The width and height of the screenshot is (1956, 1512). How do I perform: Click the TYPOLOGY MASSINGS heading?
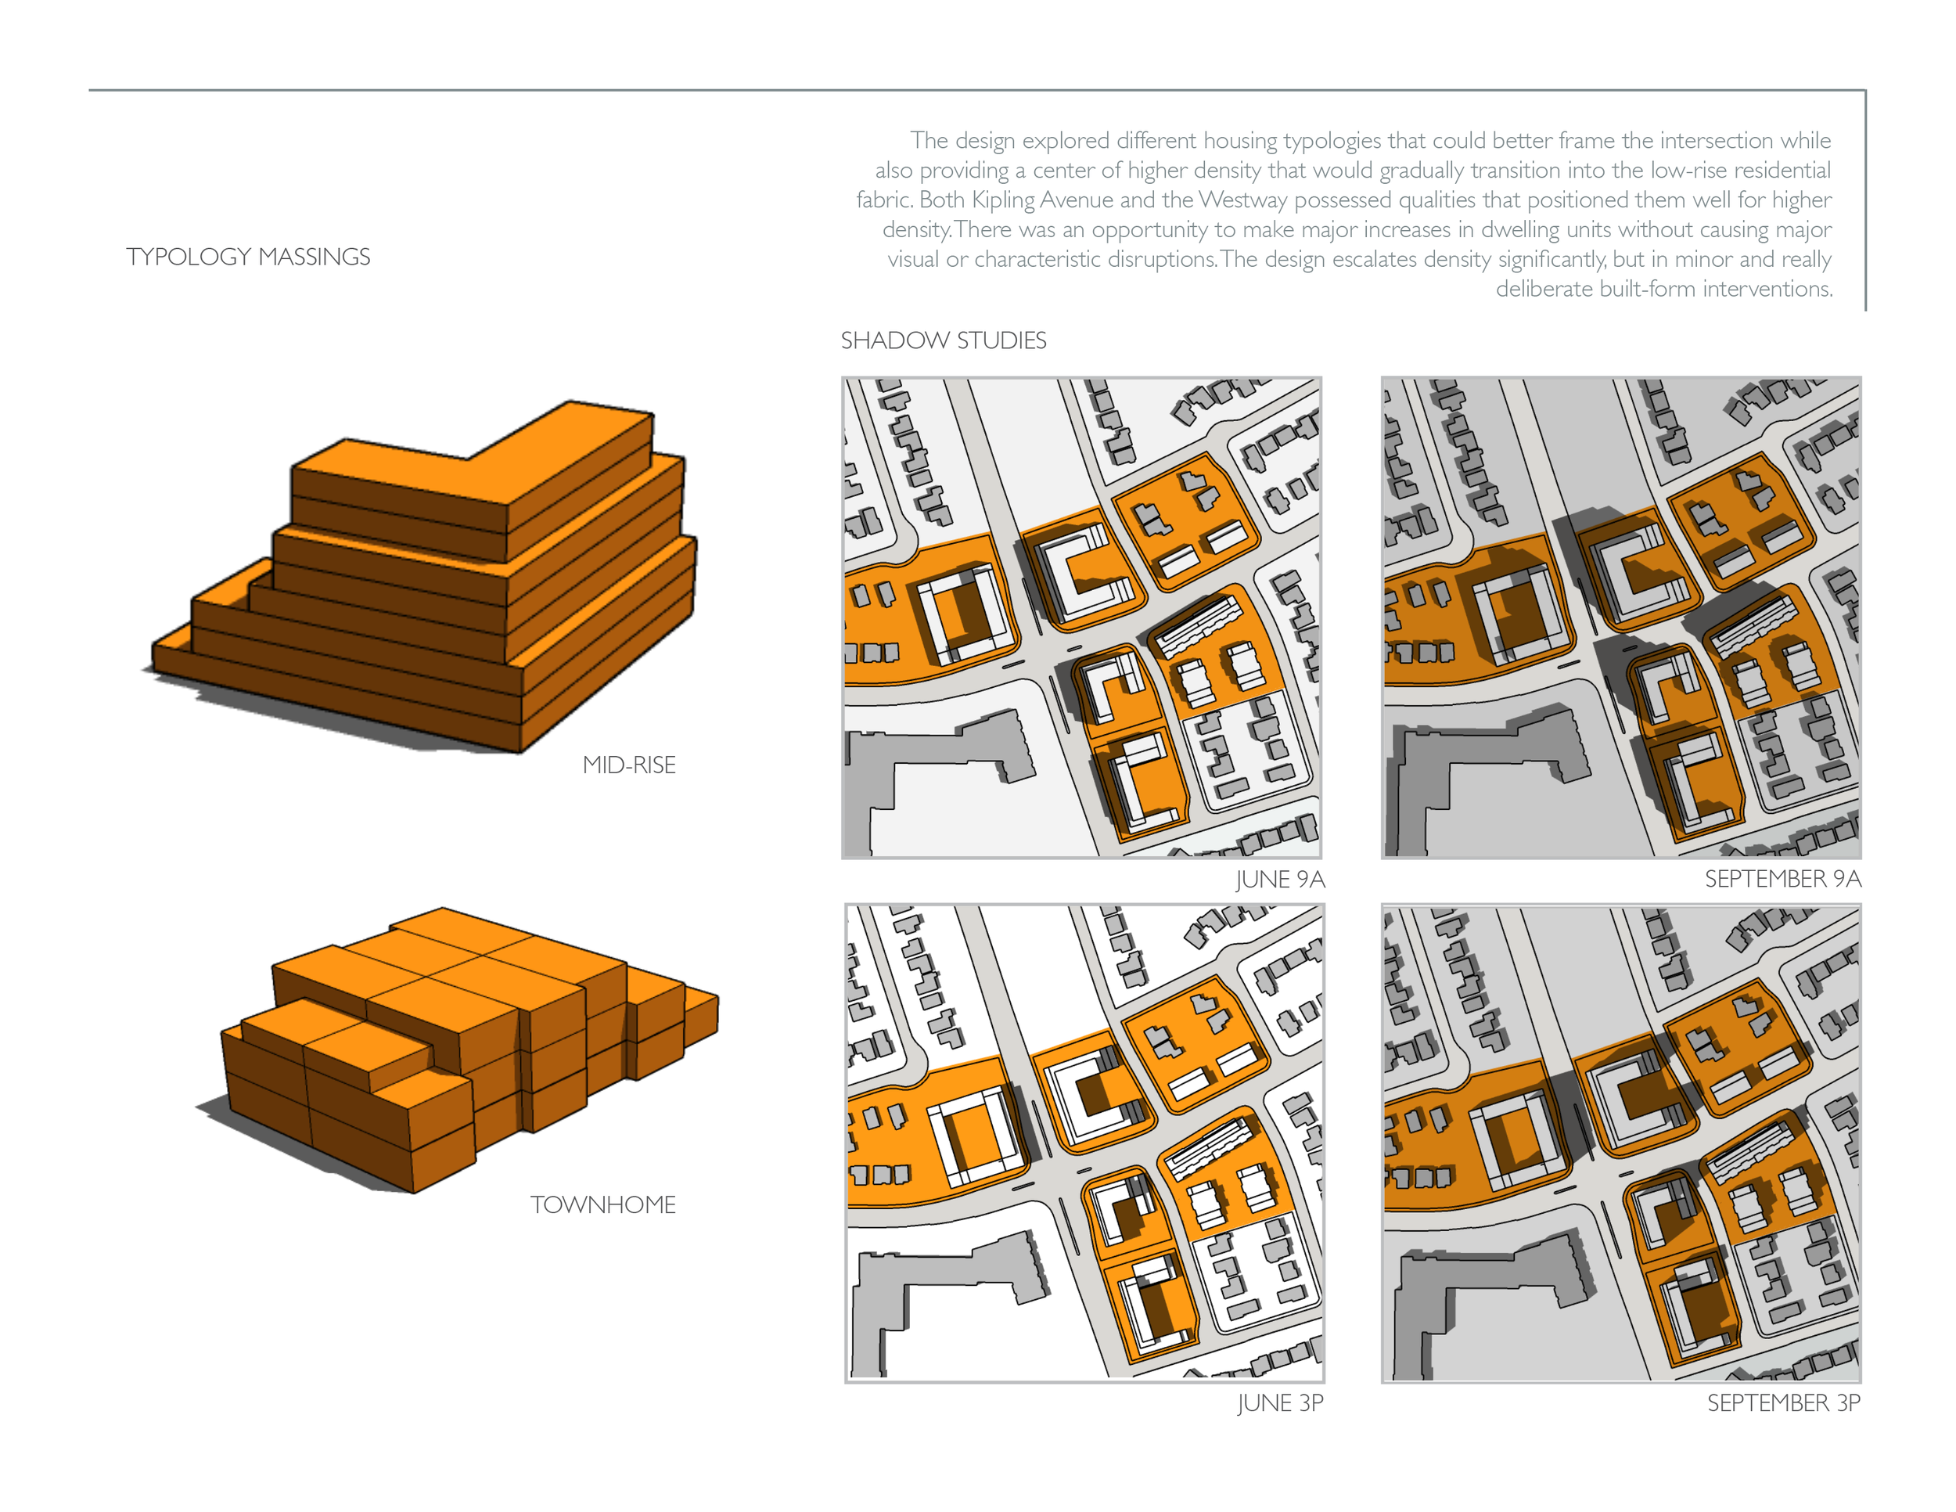click(x=248, y=257)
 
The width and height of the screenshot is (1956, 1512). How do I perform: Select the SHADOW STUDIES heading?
click(x=943, y=340)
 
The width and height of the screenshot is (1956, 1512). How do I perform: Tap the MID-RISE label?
click(x=629, y=765)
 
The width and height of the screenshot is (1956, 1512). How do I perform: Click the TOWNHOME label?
click(x=602, y=1204)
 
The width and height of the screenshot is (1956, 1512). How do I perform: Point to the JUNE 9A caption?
click(x=1280, y=880)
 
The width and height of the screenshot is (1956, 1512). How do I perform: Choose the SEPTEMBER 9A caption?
click(x=1782, y=879)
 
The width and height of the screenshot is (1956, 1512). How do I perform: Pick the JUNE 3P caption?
click(x=1281, y=1402)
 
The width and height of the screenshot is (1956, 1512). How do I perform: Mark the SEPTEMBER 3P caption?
click(x=1783, y=1402)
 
